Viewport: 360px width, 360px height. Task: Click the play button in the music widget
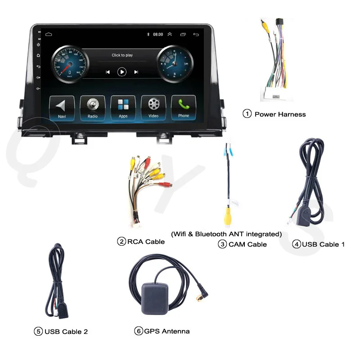coord(122,72)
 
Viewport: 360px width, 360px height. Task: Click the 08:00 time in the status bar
coord(158,34)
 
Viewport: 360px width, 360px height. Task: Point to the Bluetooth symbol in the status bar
coord(148,34)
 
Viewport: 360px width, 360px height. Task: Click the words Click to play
coord(122,55)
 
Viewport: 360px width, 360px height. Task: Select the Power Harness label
coord(280,114)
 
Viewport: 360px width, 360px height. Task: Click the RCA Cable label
coord(146,242)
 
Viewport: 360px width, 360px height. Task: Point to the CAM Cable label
coord(247,244)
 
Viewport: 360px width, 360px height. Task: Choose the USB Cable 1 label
coord(323,244)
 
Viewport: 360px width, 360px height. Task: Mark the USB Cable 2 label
coord(66,332)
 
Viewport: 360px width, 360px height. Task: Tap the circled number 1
coord(247,114)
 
